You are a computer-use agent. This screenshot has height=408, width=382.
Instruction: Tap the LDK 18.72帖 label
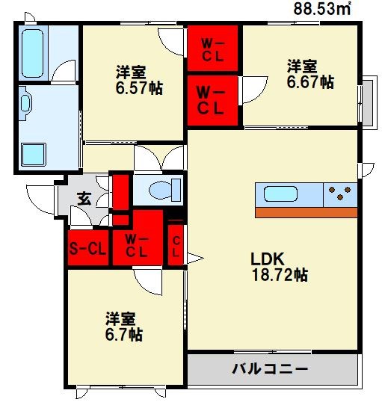click(x=279, y=267)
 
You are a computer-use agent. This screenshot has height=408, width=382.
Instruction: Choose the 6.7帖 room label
click(x=124, y=327)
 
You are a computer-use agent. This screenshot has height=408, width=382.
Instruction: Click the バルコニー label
click(x=270, y=368)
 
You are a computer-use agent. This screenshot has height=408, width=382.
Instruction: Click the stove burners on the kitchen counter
click(x=342, y=195)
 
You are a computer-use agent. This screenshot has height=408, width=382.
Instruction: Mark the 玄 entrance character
click(x=84, y=199)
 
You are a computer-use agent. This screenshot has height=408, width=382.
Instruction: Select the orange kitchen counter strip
click(x=306, y=212)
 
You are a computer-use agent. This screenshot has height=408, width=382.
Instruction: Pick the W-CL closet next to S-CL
click(x=137, y=245)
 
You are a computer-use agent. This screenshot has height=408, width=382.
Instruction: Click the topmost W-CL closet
click(x=212, y=48)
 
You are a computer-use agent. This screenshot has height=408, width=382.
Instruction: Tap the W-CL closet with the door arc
click(x=212, y=99)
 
